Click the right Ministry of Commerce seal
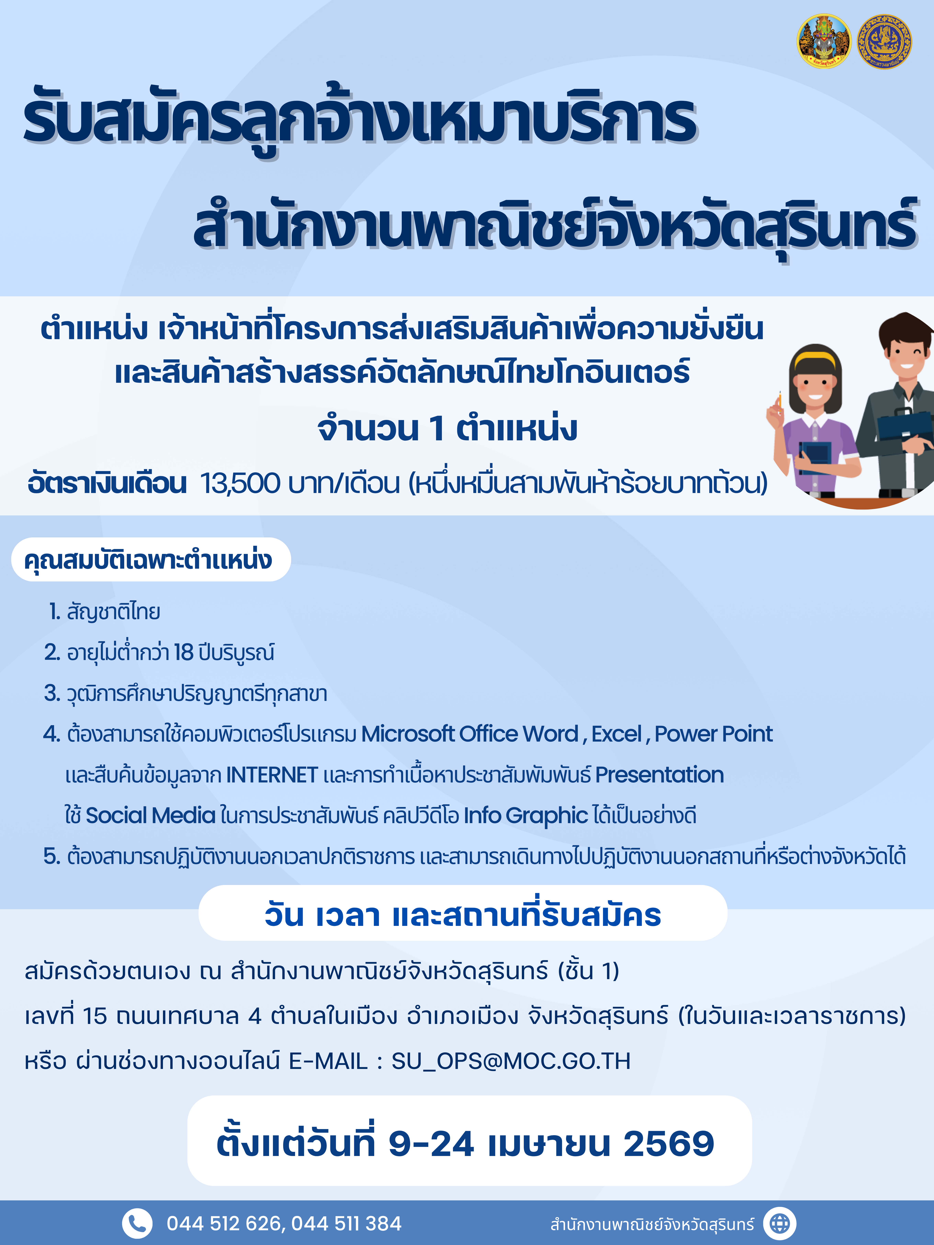884,41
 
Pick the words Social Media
151,815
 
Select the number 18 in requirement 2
184,652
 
